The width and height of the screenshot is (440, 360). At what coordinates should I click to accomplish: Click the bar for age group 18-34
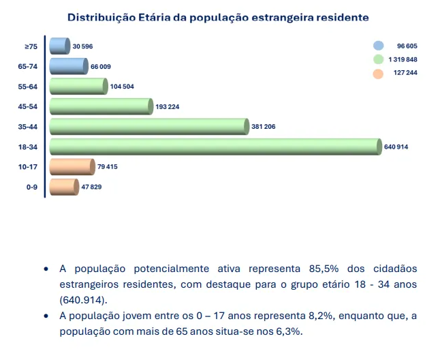click(215, 147)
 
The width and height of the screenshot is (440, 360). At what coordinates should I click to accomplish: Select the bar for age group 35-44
click(149, 127)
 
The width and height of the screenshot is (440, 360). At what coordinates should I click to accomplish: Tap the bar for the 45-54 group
click(101, 106)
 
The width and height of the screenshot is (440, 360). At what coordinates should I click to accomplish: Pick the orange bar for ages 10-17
click(72, 166)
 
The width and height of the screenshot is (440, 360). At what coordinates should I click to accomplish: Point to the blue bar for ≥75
click(59, 46)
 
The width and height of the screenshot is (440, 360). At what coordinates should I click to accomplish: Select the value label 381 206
click(263, 127)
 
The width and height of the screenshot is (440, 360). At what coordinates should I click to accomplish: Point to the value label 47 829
click(91, 187)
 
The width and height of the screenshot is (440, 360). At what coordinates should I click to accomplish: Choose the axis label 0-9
click(31, 187)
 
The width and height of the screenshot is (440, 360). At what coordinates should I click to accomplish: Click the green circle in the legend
click(377, 60)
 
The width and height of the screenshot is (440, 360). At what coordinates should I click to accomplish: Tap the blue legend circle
click(377, 46)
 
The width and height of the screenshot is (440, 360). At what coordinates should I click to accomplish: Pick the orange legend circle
click(377, 74)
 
